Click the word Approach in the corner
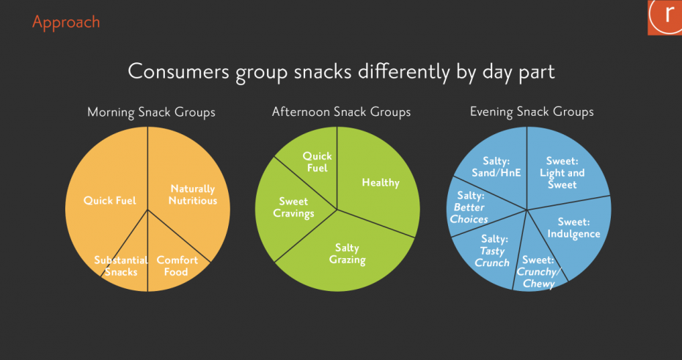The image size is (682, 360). pos(66,22)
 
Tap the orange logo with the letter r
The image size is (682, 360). pos(664,18)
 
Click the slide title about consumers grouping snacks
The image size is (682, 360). pos(341,72)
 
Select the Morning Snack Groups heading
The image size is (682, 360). pos(151,112)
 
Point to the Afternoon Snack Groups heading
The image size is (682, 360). pos(341,112)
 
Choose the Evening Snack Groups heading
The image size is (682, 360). pos(532,112)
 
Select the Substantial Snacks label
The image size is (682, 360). pos(121,266)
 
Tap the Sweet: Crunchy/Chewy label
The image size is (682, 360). pos(538,272)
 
